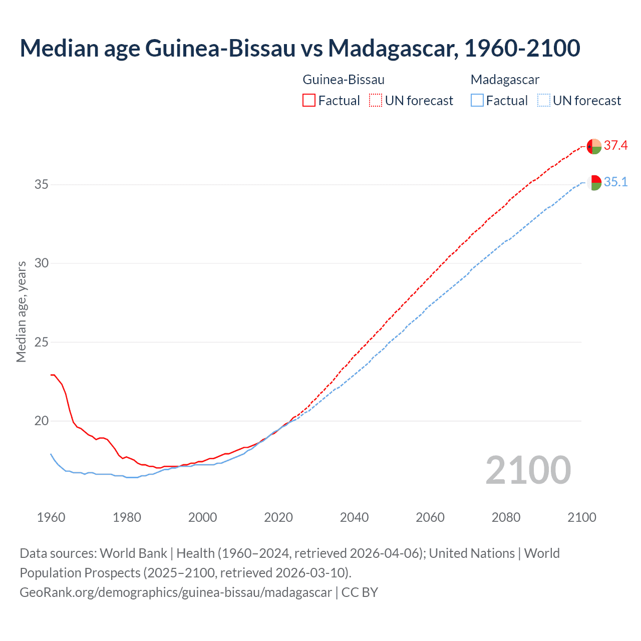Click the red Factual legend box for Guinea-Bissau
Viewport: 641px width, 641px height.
tap(309, 101)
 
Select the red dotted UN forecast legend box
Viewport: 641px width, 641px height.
tap(376, 101)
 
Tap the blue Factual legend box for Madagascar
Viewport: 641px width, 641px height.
tap(477, 101)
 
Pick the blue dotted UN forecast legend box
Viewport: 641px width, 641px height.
tap(544, 101)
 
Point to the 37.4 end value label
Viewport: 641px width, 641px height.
tap(615, 146)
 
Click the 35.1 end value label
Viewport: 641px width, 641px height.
tap(615, 182)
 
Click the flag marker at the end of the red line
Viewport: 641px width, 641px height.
tap(594, 146)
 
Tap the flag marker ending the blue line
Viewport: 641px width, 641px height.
tap(594, 183)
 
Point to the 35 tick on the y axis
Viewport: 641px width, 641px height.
tap(42, 184)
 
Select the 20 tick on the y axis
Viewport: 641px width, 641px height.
tap(42, 421)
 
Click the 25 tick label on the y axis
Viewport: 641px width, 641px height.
tap(42, 343)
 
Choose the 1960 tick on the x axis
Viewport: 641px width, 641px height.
tap(51, 517)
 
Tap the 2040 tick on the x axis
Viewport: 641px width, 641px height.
tap(355, 517)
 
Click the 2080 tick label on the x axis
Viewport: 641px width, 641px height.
tap(506, 517)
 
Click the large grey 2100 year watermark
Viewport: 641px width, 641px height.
tap(528, 470)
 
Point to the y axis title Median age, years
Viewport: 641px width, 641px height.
tap(21, 311)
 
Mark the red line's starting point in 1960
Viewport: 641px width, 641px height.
tap(52, 375)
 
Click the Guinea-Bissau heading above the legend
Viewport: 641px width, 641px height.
tap(344, 80)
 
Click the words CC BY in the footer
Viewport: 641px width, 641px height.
tap(360, 592)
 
